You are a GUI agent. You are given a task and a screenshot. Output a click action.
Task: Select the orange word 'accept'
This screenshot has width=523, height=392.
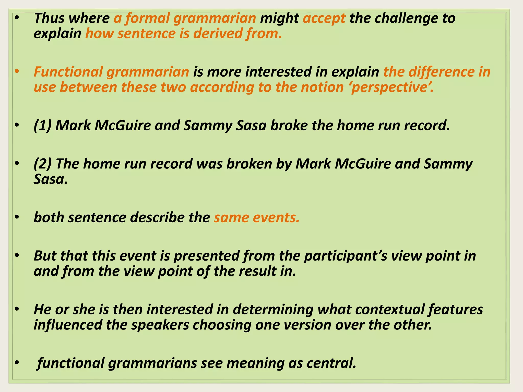[x=324, y=18]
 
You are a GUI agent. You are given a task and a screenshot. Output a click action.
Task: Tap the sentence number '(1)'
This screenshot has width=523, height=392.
[x=43, y=126]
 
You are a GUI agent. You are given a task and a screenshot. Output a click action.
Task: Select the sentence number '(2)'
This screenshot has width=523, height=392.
[x=43, y=164]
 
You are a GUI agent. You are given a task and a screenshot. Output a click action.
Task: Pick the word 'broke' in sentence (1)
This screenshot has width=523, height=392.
[x=289, y=126]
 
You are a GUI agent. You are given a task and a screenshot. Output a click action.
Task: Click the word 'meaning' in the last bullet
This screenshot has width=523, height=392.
[x=255, y=363]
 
